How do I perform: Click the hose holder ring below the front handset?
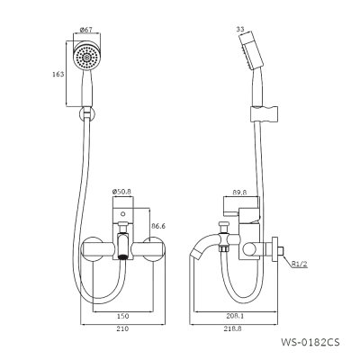[x=85, y=115]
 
